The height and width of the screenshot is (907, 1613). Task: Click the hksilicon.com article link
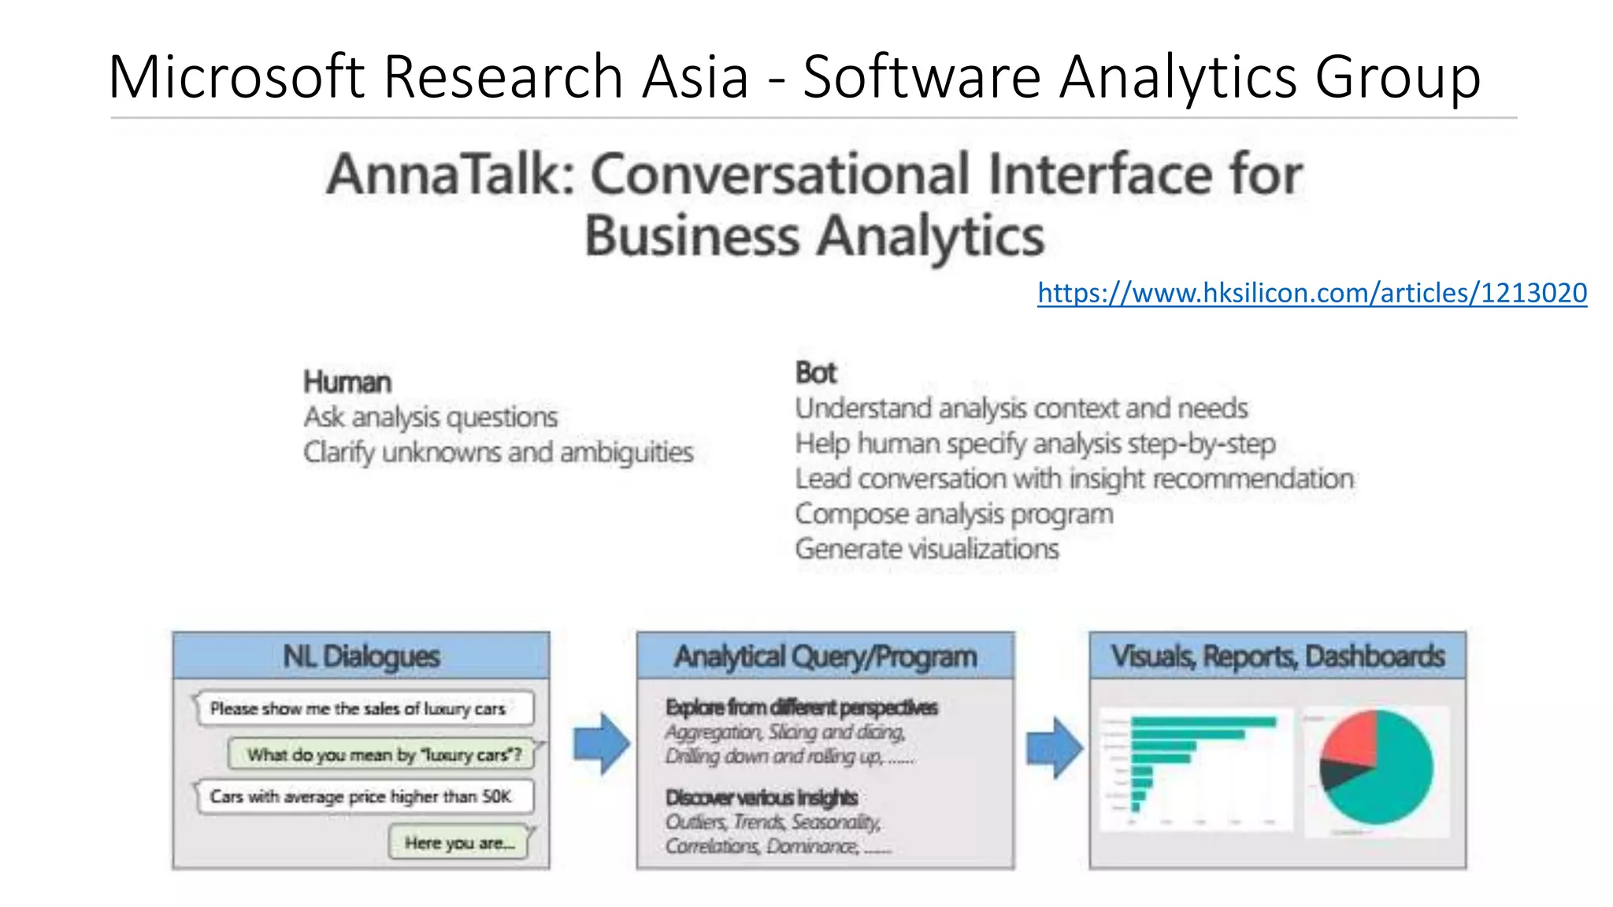(1311, 294)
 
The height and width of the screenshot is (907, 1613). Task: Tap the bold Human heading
(347, 383)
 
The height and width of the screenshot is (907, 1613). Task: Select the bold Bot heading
(815, 372)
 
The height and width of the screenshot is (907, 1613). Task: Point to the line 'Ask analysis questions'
(431, 417)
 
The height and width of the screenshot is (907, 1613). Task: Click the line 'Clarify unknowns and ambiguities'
(499, 453)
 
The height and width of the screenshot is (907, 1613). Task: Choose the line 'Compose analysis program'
(954, 514)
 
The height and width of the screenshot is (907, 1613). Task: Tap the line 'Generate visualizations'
(927, 549)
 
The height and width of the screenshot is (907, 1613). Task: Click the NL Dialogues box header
(361, 656)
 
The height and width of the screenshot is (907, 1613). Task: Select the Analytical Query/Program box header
(825, 656)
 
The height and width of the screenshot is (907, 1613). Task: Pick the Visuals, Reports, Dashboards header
(1277, 656)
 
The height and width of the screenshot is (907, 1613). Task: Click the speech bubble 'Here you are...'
(459, 843)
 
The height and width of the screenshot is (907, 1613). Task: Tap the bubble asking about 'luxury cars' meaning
(384, 754)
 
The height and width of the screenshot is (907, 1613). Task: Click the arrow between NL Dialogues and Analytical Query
(601, 744)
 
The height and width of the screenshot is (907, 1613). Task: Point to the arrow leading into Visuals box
(1054, 747)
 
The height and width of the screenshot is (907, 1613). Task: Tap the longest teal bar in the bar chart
(1203, 722)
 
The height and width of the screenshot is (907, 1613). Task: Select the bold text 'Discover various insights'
(761, 798)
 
